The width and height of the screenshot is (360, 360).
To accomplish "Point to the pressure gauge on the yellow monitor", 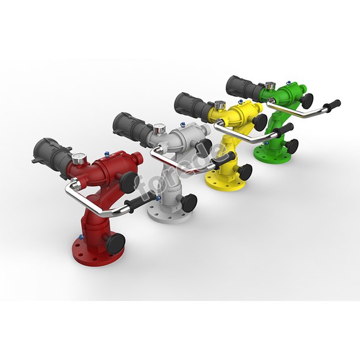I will pos(219,105).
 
